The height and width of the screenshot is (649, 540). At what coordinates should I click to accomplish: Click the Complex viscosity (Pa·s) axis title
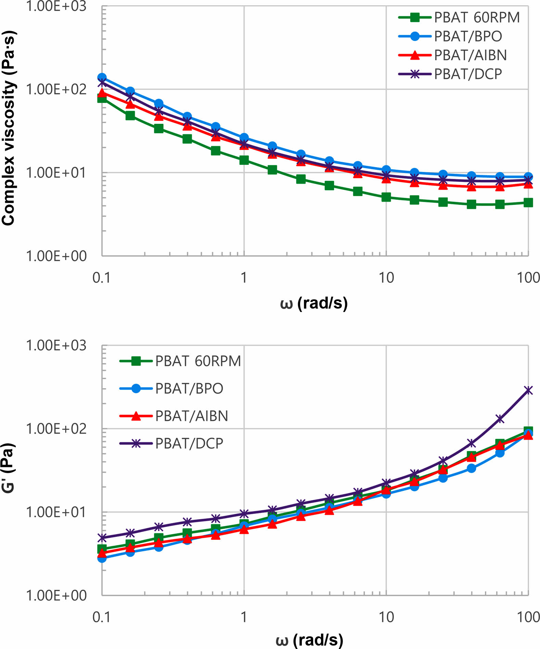click(8, 128)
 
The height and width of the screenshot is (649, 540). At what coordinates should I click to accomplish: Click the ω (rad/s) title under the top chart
click(313, 303)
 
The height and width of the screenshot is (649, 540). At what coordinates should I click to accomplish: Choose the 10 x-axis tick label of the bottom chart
click(386, 617)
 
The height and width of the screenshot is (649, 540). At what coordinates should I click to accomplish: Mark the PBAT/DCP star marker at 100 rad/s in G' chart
click(528, 390)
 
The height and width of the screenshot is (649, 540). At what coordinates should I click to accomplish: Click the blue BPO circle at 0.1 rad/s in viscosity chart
click(102, 77)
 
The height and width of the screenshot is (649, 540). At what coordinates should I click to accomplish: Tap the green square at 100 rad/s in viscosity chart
click(528, 203)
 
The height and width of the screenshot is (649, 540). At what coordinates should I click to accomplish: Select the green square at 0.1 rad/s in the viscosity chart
click(102, 99)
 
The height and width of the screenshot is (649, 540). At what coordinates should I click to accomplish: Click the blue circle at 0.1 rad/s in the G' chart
click(102, 558)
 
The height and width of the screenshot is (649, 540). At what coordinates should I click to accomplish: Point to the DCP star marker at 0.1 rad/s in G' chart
click(102, 537)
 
